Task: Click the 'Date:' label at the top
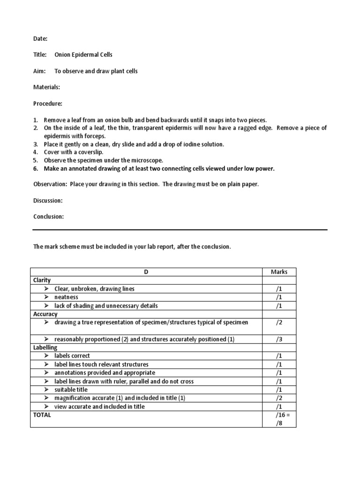click(x=40, y=38)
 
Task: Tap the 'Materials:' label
click(x=46, y=87)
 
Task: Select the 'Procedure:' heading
click(x=47, y=103)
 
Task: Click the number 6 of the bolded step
click(x=35, y=169)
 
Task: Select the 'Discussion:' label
click(x=47, y=201)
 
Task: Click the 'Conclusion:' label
click(x=48, y=217)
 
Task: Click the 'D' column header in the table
click(x=146, y=272)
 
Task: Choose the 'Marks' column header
click(x=279, y=272)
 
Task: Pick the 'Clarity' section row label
click(x=42, y=280)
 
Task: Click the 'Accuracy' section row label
click(x=45, y=314)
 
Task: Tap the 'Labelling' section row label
click(x=45, y=347)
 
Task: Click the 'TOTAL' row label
click(x=42, y=415)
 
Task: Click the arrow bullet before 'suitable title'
click(x=47, y=390)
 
